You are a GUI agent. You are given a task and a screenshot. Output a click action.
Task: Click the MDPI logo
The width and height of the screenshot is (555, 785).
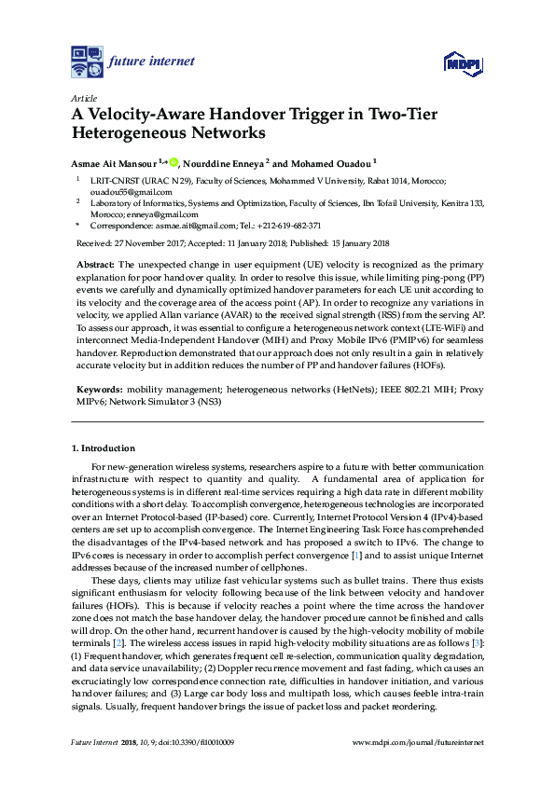[x=462, y=63]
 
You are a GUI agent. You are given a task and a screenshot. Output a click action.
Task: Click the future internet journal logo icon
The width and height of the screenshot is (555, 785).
[x=87, y=62]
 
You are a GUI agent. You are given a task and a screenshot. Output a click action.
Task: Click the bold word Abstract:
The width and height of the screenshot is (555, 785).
[x=95, y=266]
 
